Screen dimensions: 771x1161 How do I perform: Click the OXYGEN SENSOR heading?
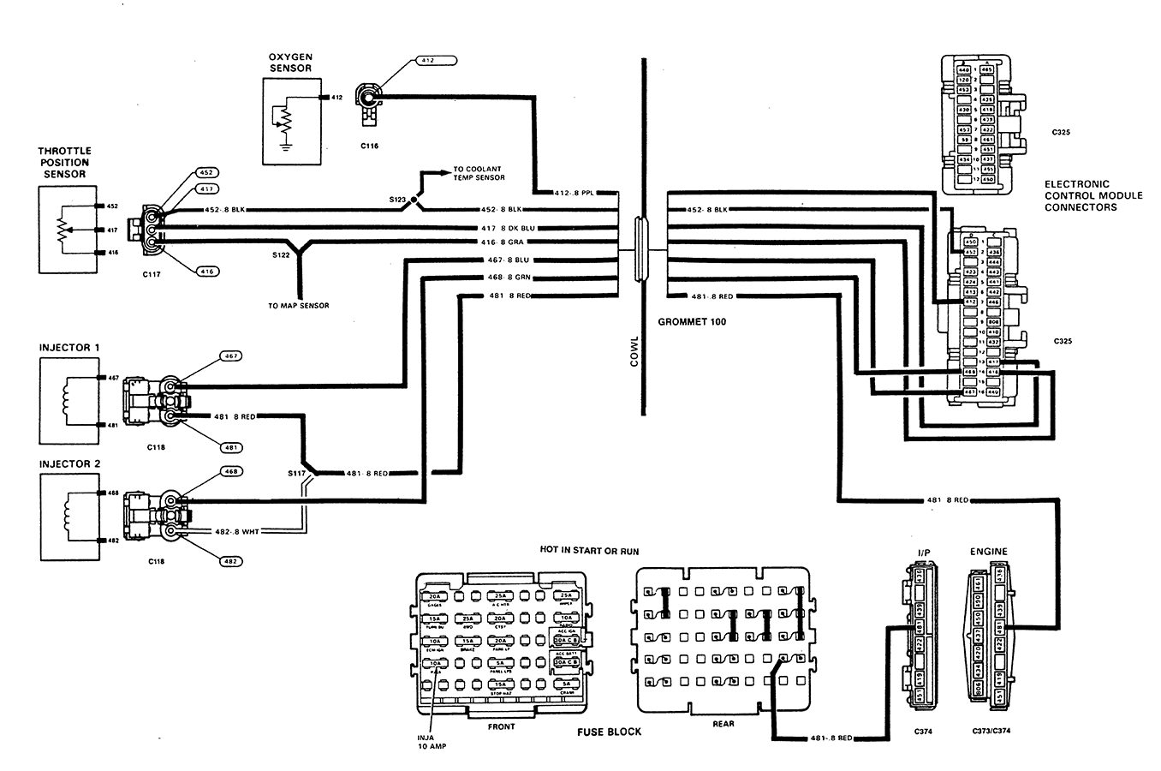pos(290,62)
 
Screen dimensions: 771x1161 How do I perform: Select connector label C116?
pos(370,146)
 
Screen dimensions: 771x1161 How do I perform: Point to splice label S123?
pos(397,199)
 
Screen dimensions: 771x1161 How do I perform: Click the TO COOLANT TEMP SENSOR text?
pos(479,173)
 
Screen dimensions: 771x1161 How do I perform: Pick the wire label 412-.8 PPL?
pos(575,192)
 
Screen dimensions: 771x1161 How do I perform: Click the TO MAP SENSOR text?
pos(298,305)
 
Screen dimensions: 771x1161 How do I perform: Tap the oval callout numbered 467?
pos(230,356)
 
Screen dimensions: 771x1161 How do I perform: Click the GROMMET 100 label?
pos(692,323)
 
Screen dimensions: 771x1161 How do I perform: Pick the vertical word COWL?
pos(635,351)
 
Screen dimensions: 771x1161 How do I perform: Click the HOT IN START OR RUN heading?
pos(589,551)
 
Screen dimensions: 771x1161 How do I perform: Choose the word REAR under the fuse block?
pos(723,724)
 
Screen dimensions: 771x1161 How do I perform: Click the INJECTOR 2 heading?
pos(69,464)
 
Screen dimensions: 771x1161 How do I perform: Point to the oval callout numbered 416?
pos(206,272)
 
